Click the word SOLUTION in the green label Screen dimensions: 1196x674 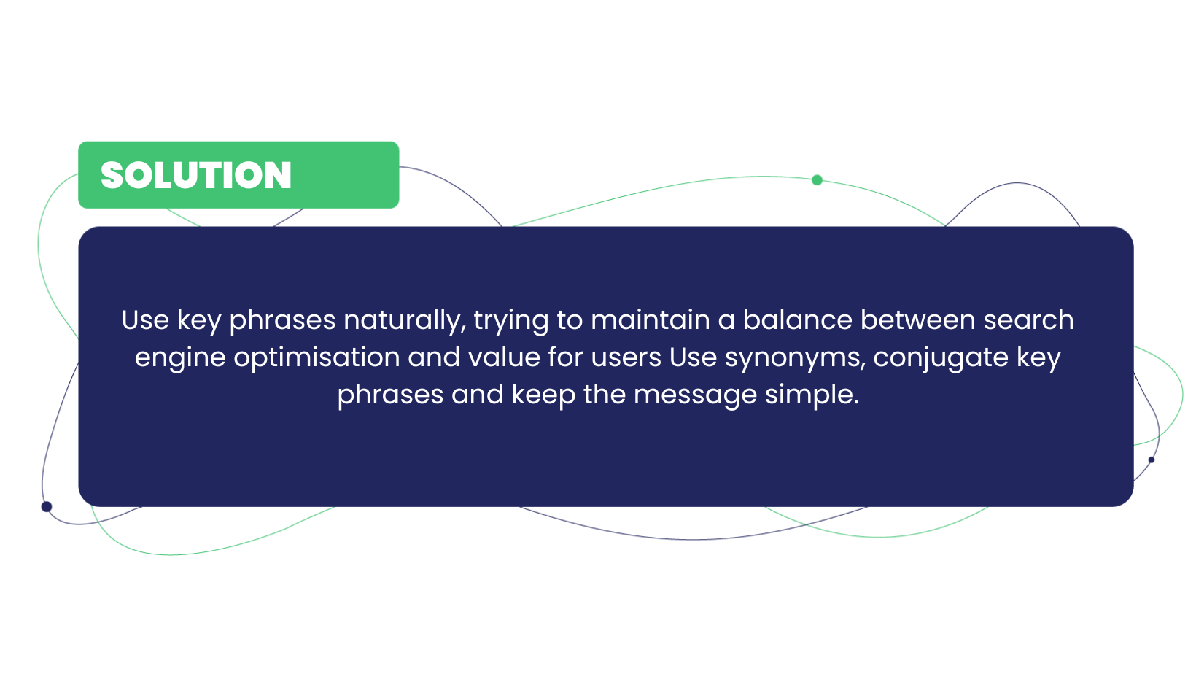196,175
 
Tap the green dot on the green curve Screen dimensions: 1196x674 817,180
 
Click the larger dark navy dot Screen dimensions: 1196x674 47,507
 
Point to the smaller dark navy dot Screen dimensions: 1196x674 1151,460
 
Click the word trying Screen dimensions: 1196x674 511,321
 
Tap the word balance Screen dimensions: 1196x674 798,320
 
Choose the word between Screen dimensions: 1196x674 918,320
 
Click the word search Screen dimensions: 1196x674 1028,320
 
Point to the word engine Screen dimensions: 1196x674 180,358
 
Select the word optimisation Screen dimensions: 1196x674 317,358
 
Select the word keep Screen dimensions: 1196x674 543,396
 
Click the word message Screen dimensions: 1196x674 695,396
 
